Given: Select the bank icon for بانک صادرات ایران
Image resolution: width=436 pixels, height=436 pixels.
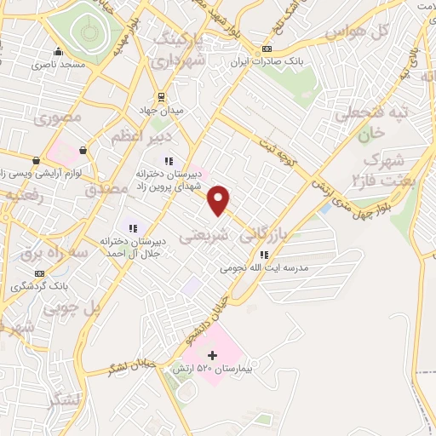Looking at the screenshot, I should (267, 48).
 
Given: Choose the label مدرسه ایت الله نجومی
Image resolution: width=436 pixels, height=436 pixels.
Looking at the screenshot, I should (264, 267).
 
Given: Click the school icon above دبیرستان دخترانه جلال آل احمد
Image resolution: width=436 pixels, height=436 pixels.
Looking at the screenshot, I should (131, 227).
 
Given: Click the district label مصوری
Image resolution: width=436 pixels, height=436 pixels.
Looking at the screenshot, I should (59, 118).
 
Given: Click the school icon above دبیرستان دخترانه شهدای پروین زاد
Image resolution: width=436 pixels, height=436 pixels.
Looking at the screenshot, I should (169, 160).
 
